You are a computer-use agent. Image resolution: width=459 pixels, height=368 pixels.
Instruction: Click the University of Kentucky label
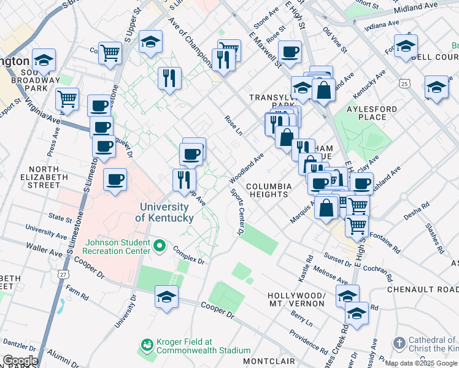coord(164,213)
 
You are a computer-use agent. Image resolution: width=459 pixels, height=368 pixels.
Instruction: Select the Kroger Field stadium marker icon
coord(147,346)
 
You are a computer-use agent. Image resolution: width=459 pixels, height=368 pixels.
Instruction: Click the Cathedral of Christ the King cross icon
coord(399,342)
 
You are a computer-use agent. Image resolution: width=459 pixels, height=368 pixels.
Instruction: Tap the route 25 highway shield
coord(403,83)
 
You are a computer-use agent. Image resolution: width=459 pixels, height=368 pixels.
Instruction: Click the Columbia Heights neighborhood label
coord(267,190)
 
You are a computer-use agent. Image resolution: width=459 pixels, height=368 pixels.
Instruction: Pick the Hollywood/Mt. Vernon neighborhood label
coord(296,299)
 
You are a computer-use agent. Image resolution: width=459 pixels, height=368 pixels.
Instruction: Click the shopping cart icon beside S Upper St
coord(110,52)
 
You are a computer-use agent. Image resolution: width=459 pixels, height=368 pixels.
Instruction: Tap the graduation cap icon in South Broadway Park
coord(44,59)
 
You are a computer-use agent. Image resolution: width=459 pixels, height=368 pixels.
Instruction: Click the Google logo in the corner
coord(20,361)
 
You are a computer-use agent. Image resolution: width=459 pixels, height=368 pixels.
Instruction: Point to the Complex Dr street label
coord(188,254)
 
